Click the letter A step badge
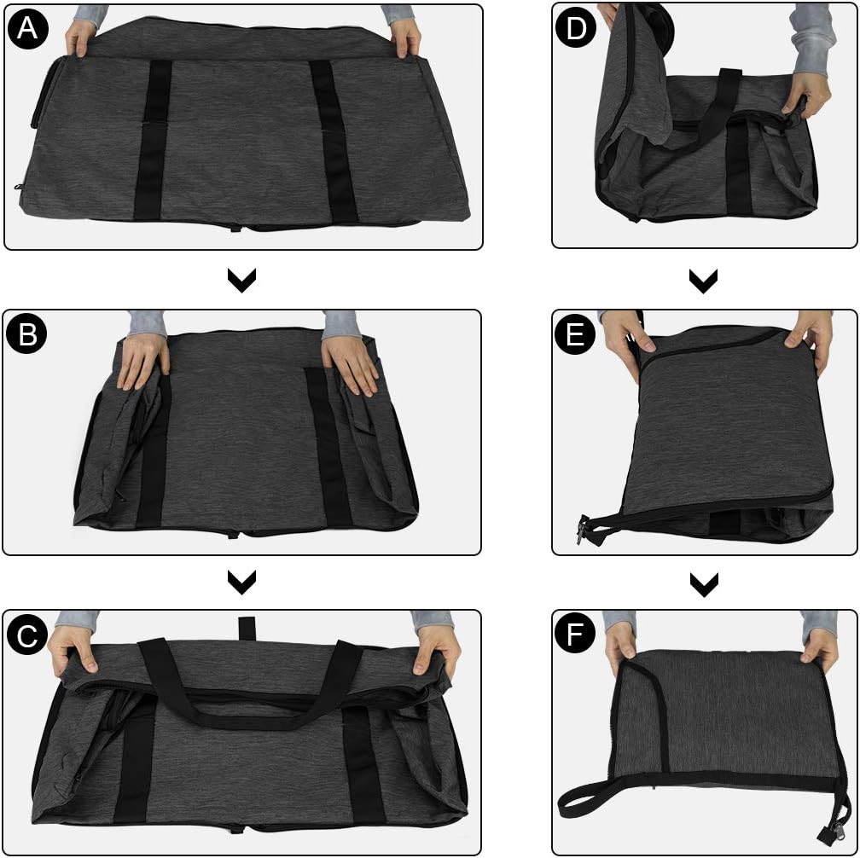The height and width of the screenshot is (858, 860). [x=28, y=28]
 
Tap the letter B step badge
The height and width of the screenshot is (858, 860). [x=27, y=333]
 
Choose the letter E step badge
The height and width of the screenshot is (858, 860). [x=575, y=333]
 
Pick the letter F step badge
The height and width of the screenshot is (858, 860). [x=575, y=635]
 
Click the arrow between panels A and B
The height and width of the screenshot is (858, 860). [x=242, y=280]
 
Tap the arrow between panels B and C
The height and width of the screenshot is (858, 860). [x=242, y=583]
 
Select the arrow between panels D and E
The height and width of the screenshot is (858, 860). [x=704, y=281]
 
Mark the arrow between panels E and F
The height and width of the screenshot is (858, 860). [x=704, y=585]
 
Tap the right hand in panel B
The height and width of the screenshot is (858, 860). [x=350, y=363]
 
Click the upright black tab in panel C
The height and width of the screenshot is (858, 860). [x=247, y=629]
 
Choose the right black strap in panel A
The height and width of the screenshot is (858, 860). [x=333, y=141]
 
